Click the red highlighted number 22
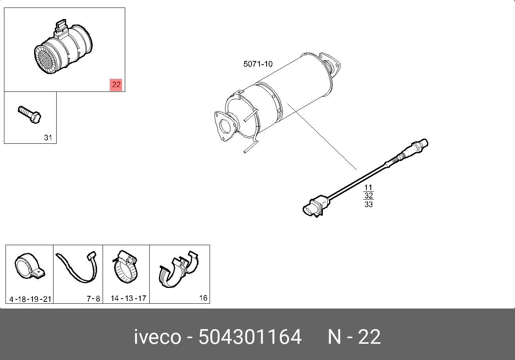[x=116, y=85]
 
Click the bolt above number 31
[x=29, y=115]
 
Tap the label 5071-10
[x=258, y=64]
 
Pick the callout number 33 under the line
[x=368, y=204]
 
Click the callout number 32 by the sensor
[x=368, y=196]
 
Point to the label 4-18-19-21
[x=30, y=299]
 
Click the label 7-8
[x=93, y=299]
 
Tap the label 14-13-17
[x=128, y=298]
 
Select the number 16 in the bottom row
[x=203, y=298]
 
